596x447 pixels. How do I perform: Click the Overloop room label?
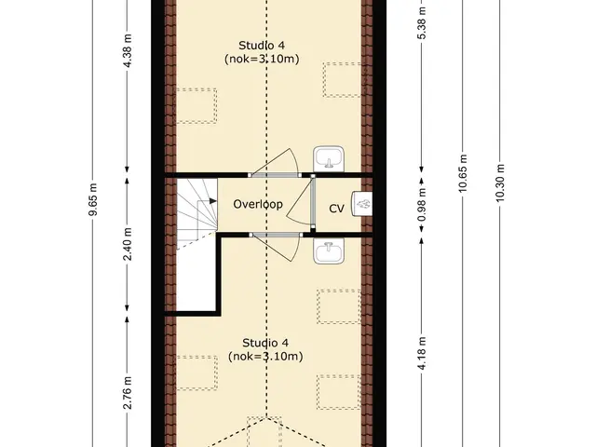(258, 204)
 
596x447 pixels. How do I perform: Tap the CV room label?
(336, 209)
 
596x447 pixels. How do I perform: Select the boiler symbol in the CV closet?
(362, 204)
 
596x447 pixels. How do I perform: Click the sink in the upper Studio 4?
(329, 159)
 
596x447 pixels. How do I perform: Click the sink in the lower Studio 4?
(329, 251)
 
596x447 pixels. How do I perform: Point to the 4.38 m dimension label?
(128, 50)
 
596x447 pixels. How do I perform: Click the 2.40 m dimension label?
(128, 244)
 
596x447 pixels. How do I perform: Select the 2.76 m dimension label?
(128, 393)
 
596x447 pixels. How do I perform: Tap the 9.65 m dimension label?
(93, 199)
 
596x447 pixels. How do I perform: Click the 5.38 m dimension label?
(422, 22)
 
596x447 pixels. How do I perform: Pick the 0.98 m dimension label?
(422, 205)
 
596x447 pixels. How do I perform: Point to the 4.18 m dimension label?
(422, 352)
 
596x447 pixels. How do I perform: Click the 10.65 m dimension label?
(463, 173)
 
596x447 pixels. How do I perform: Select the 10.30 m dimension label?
(500, 183)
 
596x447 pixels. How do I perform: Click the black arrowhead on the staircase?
(213, 201)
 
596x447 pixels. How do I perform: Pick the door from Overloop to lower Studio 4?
(276, 246)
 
